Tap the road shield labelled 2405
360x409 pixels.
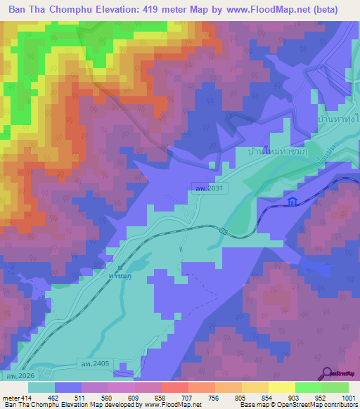click(x=95, y=363)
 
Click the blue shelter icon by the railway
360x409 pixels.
click(x=292, y=202)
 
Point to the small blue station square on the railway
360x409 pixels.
click(x=120, y=267)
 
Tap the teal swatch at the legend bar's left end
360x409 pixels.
click(x=41, y=387)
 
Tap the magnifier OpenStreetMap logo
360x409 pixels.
click(x=328, y=373)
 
